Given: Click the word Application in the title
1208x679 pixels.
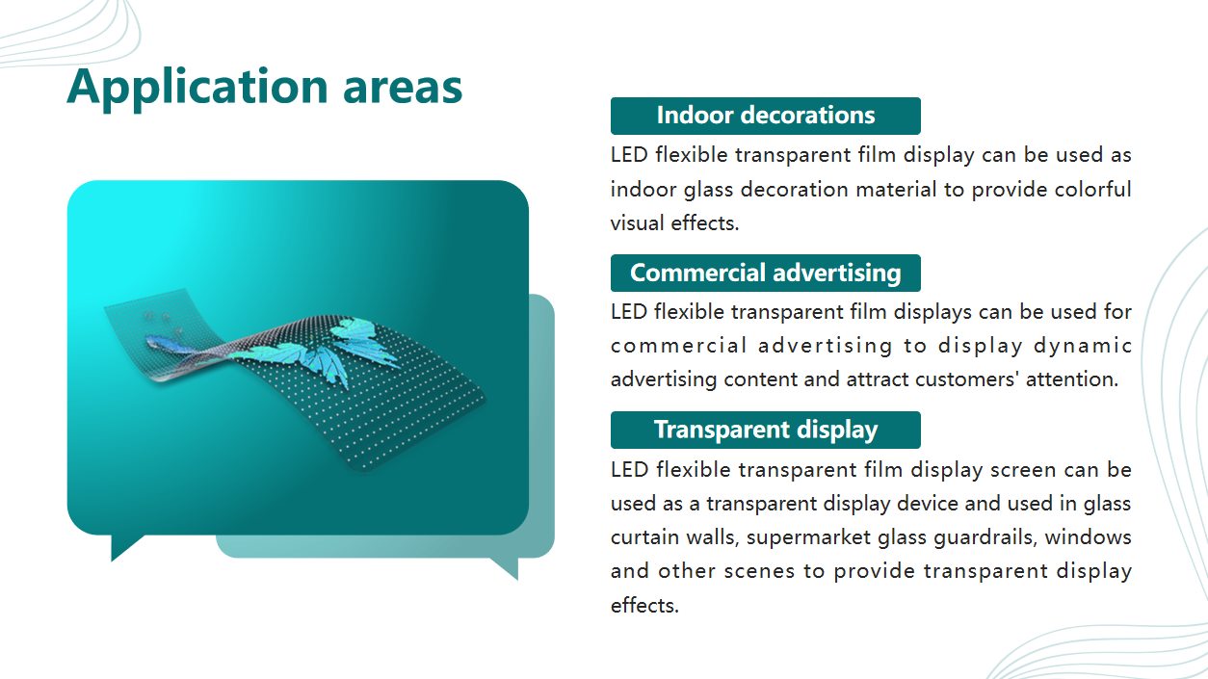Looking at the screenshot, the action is (197, 88).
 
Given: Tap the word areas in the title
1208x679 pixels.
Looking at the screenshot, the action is (403, 88).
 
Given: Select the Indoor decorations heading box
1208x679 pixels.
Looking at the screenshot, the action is (765, 116).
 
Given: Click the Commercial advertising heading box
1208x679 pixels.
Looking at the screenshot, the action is (765, 273).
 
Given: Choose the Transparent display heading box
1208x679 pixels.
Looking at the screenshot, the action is (765, 430).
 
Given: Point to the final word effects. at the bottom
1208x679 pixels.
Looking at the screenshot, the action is (644, 605).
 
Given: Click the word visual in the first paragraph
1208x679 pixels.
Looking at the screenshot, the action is (637, 222).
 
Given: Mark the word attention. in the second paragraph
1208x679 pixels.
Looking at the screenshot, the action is (1072, 379).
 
